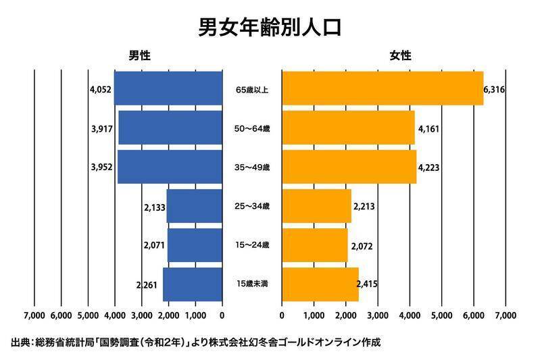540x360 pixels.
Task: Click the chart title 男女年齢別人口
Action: pos(270,28)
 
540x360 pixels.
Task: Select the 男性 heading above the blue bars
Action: pos(141,57)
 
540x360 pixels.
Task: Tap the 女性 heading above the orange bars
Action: pos(400,57)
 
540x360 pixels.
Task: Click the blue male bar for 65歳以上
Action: pos(168,88)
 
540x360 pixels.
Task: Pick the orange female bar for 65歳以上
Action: pos(382,88)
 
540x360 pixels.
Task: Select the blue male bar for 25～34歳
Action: pos(195,206)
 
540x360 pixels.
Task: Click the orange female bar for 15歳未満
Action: pos(320,284)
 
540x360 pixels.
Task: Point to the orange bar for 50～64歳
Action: pos(347,128)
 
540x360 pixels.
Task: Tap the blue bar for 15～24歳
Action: pos(195,245)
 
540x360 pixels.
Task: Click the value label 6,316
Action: pos(495,89)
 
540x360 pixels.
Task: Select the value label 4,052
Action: pos(100,89)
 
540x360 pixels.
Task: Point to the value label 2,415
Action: pos(366,284)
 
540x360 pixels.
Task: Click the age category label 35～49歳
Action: pos(252,168)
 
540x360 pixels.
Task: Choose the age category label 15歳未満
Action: pos(252,284)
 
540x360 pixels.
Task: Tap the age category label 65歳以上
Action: pos(252,89)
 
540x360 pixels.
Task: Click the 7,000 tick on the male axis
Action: pos(34,315)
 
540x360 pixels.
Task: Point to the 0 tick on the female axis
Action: pos(282,315)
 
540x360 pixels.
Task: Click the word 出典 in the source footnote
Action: pos(20,342)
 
